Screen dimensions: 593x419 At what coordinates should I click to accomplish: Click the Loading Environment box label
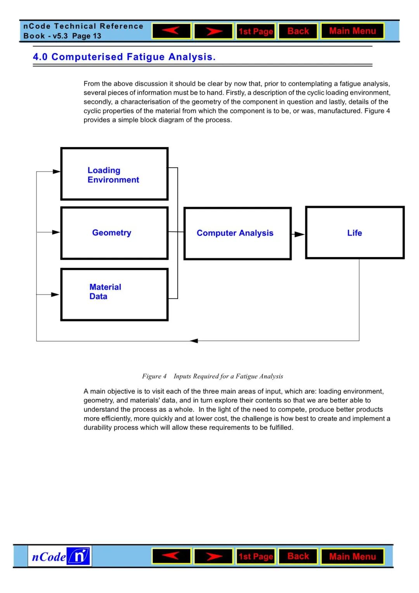(113, 175)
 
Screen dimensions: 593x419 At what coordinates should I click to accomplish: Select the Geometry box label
(112, 233)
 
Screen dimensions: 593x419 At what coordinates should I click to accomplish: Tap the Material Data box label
(105, 292)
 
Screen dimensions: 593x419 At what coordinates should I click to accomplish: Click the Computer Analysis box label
(235, 233)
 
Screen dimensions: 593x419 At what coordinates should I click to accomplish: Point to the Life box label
(355, 233)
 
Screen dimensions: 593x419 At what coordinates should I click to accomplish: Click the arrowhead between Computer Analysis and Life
(299, 234)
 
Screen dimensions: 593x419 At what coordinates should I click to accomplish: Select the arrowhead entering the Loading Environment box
(57, 171)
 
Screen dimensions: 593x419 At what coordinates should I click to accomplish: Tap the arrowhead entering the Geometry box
(56, 232)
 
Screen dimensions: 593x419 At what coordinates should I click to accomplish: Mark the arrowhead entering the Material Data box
(55, 295)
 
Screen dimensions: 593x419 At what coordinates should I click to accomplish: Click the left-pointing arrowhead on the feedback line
(194, 341)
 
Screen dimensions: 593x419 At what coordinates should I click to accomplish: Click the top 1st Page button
(256, 31)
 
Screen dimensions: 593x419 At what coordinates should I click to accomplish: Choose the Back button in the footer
(298, 556)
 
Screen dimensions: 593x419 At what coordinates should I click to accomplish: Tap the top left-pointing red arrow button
(171, 31)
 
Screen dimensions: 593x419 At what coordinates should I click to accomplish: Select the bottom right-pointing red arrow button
(213, 557)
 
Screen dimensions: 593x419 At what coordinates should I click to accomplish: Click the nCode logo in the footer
(60, 557)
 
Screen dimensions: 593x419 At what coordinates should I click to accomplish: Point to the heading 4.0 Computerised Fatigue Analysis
(124, 57)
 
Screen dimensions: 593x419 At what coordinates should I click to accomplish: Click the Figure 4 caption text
(213, 376)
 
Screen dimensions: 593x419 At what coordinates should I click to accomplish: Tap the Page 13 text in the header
(87, 36)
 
